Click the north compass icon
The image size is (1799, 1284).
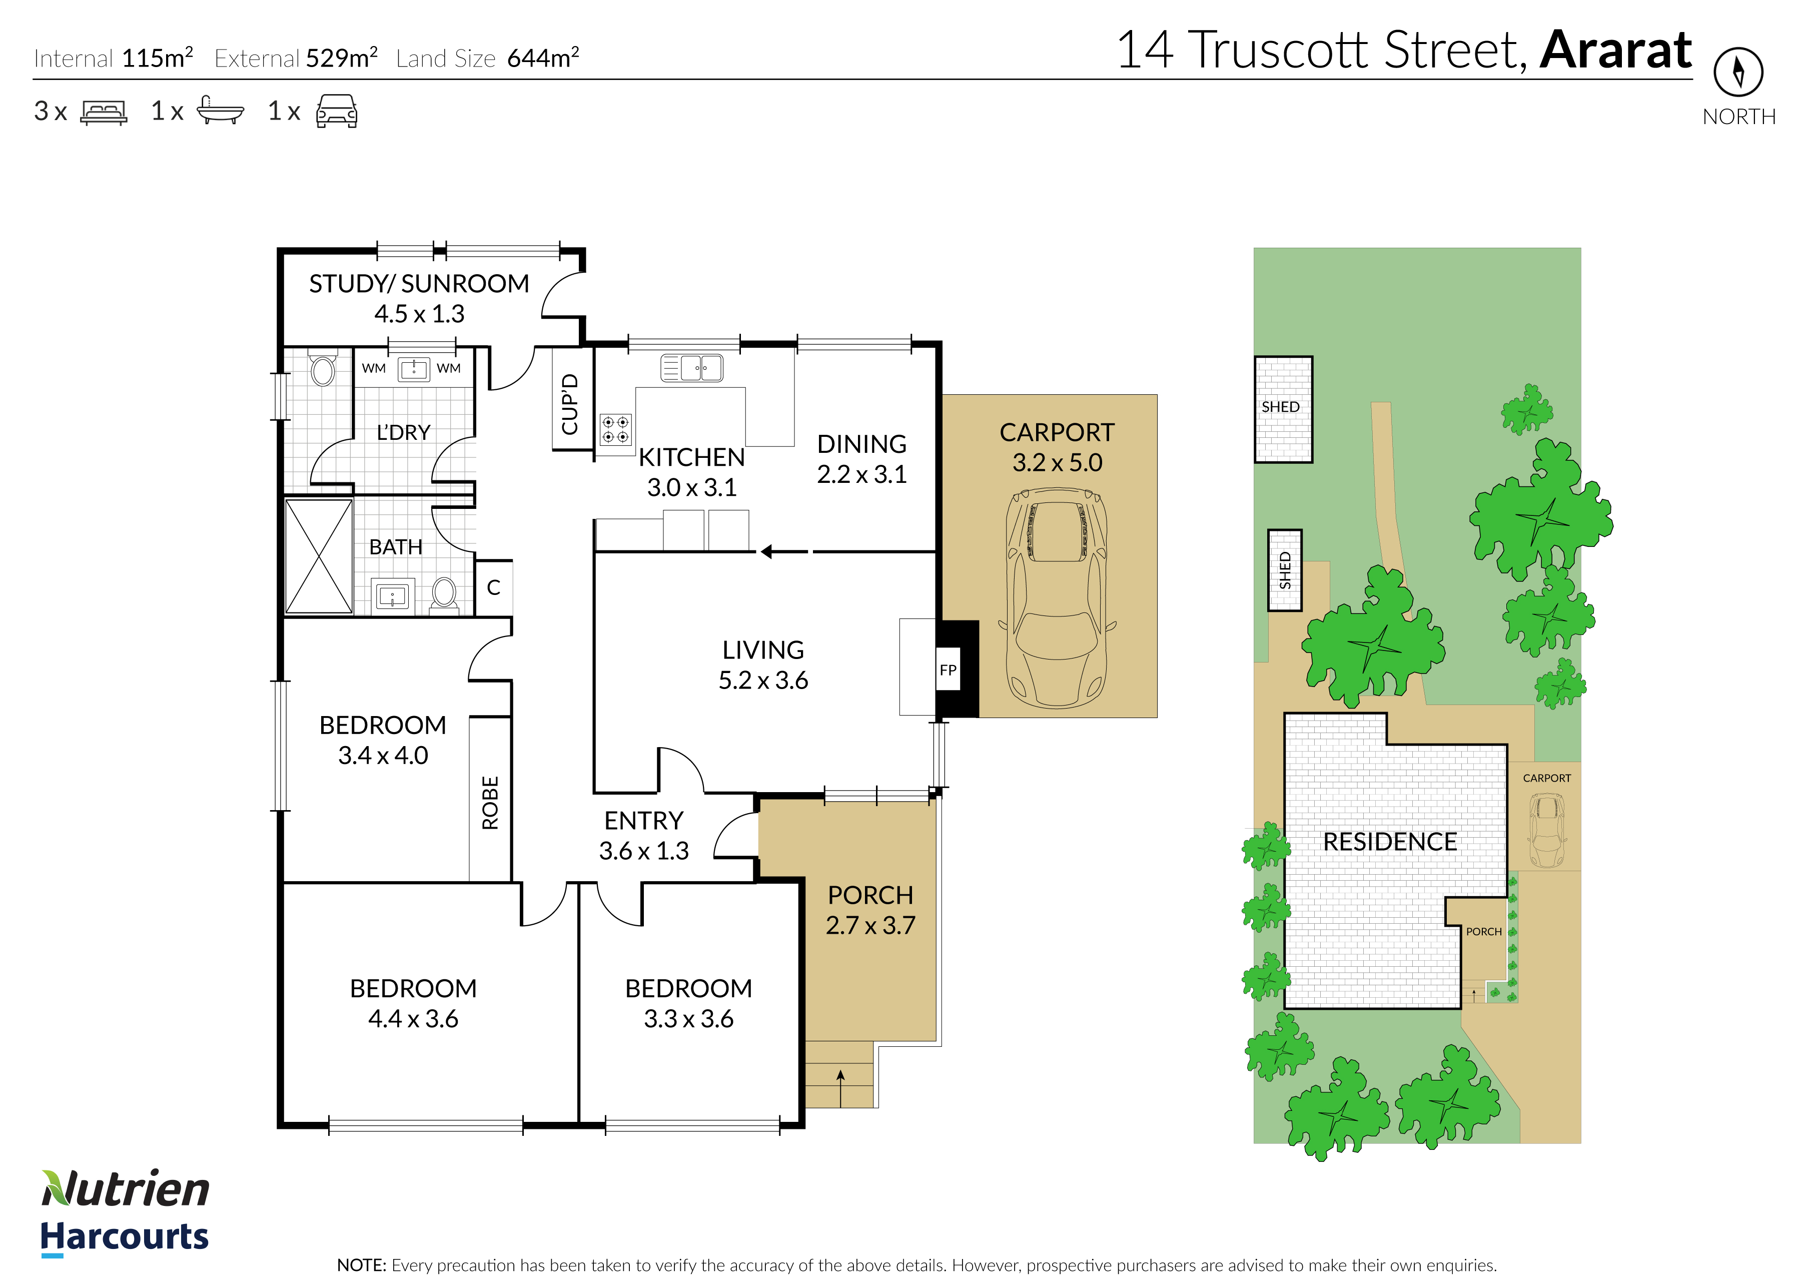[x=1738, y=72]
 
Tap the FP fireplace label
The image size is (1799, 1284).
[x=948, y=670]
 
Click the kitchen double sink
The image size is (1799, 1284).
[x=691, y=368]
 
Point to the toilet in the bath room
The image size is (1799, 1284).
[x=444, y=594]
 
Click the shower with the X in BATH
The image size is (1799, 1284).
[x=319, y=556]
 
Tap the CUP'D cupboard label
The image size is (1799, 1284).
[x=570, y=404]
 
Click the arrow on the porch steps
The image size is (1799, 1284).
[x=840, y=1088]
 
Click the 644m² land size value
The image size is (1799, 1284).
[x=543, y=58]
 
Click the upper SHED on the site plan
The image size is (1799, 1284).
[x=1283, y=409]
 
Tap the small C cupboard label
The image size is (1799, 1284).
[x=494, y=587]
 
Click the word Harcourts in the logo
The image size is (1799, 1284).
[x=124, y=1236]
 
